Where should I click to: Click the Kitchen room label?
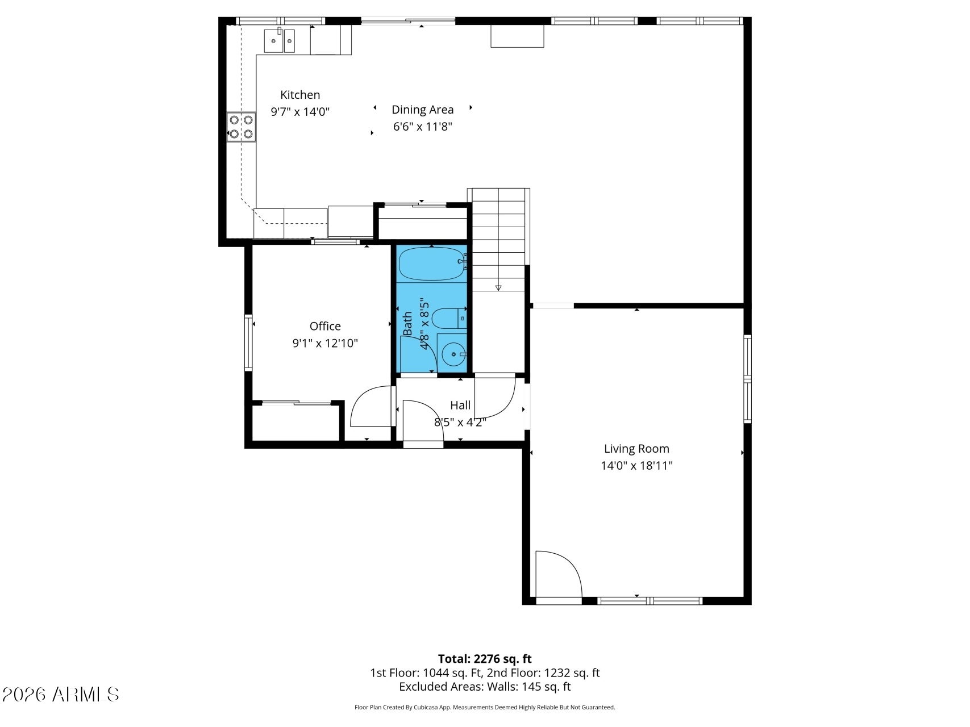(300, 95)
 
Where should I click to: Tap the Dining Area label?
(423, 110)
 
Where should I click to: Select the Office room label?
(325, 326)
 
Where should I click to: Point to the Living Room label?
(636, 449)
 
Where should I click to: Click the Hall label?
(460, 405)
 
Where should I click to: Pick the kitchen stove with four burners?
(241, 127)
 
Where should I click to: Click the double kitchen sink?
(279, 40)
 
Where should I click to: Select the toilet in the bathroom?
(449, 318)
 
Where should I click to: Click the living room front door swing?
(559, 574)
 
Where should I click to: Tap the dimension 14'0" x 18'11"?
(636, 466)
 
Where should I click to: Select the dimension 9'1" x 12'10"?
(325, 343)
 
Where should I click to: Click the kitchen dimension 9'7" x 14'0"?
(300, 112)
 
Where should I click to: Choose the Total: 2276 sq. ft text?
(485, 659)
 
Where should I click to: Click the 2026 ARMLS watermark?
(61, 694)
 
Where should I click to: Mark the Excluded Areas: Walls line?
(485, 687)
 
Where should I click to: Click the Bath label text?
(407, 323)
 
